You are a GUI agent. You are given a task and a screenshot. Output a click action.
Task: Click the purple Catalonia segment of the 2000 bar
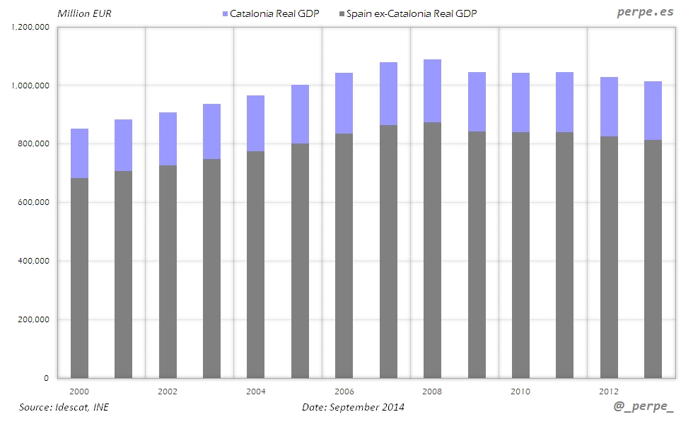(79, 153)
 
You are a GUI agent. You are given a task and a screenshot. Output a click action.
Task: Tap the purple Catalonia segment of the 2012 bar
(609, 107)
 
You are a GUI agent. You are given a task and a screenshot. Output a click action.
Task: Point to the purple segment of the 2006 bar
(344, 103)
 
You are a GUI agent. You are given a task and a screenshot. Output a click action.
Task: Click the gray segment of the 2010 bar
(520, 255)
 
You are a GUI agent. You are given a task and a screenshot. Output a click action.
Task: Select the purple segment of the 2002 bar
(168, 139)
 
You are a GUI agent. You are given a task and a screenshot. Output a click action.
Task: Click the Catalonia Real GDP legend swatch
(226, 13)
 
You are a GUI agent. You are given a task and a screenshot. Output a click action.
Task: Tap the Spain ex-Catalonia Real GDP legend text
(412, 13)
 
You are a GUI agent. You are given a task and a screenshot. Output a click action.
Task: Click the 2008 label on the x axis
(432, 391)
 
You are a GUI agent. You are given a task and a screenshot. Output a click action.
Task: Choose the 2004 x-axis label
(255, 391)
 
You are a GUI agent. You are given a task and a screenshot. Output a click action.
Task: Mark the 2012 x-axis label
(609, 391)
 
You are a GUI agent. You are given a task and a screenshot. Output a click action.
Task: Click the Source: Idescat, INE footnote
(64, 407)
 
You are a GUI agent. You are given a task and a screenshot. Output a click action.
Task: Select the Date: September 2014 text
(353, 407)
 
